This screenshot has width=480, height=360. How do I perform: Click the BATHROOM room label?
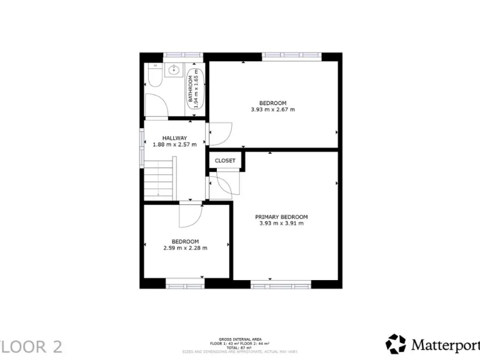[x=190, y=87]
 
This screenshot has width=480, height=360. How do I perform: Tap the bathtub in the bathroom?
[x=195, y=88]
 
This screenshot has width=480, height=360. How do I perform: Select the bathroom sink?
[x=173, y=71]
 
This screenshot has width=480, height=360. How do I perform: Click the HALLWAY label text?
[x=174, y=138]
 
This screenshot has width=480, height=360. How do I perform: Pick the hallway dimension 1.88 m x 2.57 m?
[x=174, y=144]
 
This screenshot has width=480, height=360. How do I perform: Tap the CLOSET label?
[x=225, y=161]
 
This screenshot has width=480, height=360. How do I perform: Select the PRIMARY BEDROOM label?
[x=281, y=217]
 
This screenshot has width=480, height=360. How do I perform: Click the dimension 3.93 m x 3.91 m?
[x=281, y=223]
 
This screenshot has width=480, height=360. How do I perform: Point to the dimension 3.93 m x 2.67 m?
[x=272, y=109]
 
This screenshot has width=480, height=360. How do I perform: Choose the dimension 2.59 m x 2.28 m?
[x=185, y=247]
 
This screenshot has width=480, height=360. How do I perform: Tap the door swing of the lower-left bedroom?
[x=189, y=215]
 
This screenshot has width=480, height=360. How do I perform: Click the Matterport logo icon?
[x=396, y=344]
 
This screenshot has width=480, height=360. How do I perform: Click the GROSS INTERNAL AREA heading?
[x=239, y=339]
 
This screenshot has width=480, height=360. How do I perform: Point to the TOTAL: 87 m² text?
[x=239, y=347]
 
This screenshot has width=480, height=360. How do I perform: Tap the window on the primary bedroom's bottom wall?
[x=281, y=284]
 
